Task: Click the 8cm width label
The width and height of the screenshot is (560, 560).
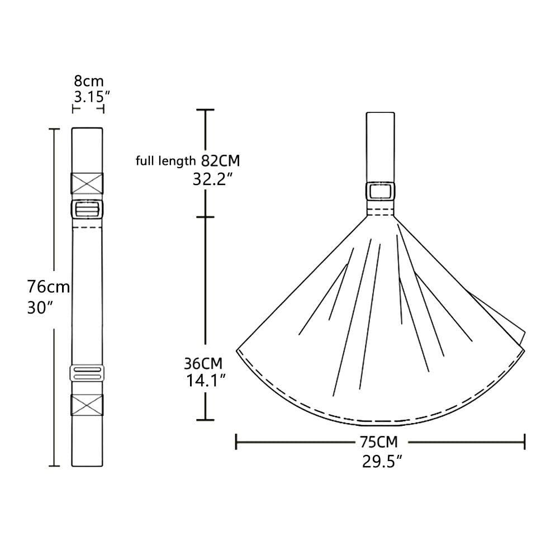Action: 89,81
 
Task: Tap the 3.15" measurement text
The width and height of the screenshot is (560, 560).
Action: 89,96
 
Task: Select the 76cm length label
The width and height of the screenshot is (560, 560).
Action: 49,287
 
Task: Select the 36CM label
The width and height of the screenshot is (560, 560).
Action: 203,363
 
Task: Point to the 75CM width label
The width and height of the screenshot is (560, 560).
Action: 379,442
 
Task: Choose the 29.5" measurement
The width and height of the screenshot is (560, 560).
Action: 382,461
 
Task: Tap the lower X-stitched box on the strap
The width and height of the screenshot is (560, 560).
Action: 87,405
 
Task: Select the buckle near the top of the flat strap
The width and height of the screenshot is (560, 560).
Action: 87,210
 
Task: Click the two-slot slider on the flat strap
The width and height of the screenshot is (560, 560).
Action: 87,373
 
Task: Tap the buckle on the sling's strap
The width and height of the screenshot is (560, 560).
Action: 381,191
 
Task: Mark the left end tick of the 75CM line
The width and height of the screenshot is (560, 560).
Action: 236,442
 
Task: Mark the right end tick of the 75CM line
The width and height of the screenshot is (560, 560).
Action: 524,442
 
